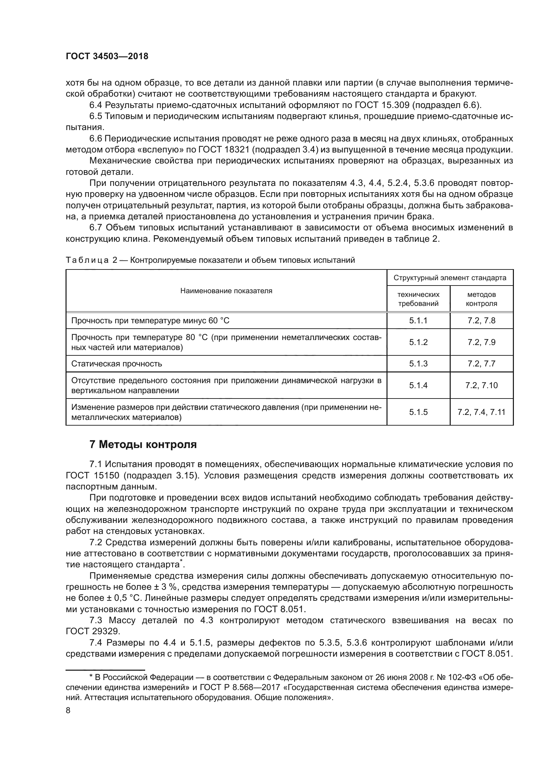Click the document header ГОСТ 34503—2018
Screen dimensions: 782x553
pyautogui.click(x=107, y=57)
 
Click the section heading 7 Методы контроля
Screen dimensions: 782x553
pyautogui.click(x=143, y=444)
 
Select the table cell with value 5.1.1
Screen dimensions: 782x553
pyautogui.click(x=418, y=321)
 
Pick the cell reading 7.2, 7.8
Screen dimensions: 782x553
pyautogui.click(x=481, y=321)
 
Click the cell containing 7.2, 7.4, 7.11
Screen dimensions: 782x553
pyautogui.click(x=481, y=412)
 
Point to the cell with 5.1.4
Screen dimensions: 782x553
pyautogui.click(x=418, y=385)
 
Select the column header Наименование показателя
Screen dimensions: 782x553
pyautogui.click(x=226, y=291)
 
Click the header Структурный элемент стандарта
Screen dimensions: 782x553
pyautogui.click(x=450, y=277)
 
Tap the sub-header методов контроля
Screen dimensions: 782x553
pyautogui.click(x=481, y=299)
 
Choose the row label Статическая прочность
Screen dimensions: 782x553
pyautogui.click(x=116, y=364)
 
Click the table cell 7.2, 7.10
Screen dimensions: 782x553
pyautogui.click(x=481, y=385)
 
